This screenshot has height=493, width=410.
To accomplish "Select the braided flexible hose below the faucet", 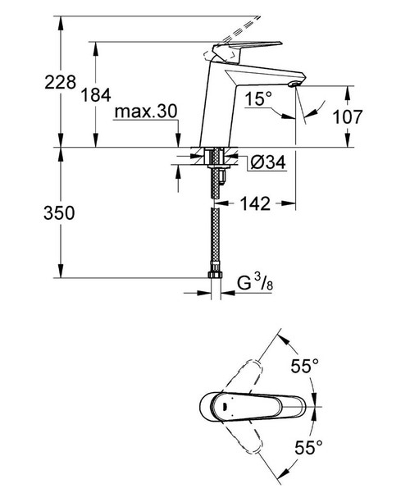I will (x=216, y=238).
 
